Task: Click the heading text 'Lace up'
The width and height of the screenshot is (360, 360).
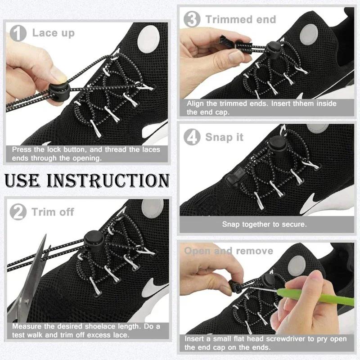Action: tap(53, 33)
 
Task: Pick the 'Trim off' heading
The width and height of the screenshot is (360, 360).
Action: tap(53, 211)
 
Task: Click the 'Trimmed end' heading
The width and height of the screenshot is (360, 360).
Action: tap(241, 19)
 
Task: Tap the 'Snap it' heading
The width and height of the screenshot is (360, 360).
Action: tap(224, 137)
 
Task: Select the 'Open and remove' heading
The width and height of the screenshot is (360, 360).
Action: tap(229, 251)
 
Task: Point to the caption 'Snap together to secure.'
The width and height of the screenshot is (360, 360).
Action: tap(265, 224)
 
